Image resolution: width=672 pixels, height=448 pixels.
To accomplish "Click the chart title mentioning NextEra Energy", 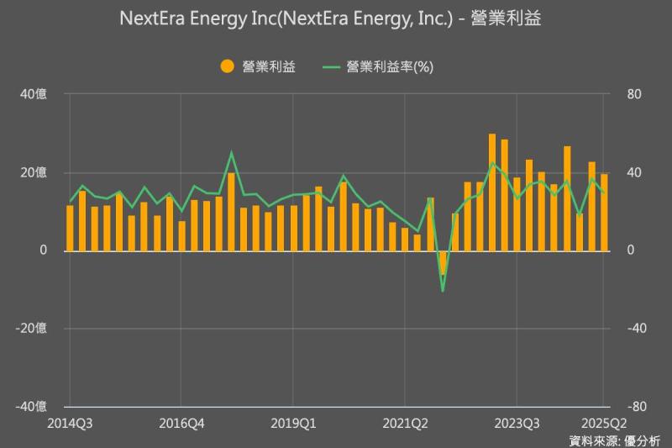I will click(336, 18).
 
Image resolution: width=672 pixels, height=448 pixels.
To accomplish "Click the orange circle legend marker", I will click(225, 66).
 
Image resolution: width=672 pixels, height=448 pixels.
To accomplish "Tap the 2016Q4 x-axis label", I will click(181, 422).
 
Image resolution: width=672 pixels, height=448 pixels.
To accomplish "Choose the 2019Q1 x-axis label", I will click(293, 422).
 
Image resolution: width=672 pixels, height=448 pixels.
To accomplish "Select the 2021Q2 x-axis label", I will click(405, 422).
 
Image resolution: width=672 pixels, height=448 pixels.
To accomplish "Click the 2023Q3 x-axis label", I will click(517, 422).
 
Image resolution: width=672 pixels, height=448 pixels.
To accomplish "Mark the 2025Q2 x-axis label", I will click(603, 422).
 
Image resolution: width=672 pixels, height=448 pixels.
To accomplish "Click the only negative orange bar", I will click(443, 262).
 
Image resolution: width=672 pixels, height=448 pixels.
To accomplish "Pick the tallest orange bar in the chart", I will click(492, 192).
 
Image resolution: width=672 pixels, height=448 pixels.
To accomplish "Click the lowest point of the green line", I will click(443, 291).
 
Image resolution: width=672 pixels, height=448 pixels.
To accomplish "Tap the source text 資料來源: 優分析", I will click(615, 440).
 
